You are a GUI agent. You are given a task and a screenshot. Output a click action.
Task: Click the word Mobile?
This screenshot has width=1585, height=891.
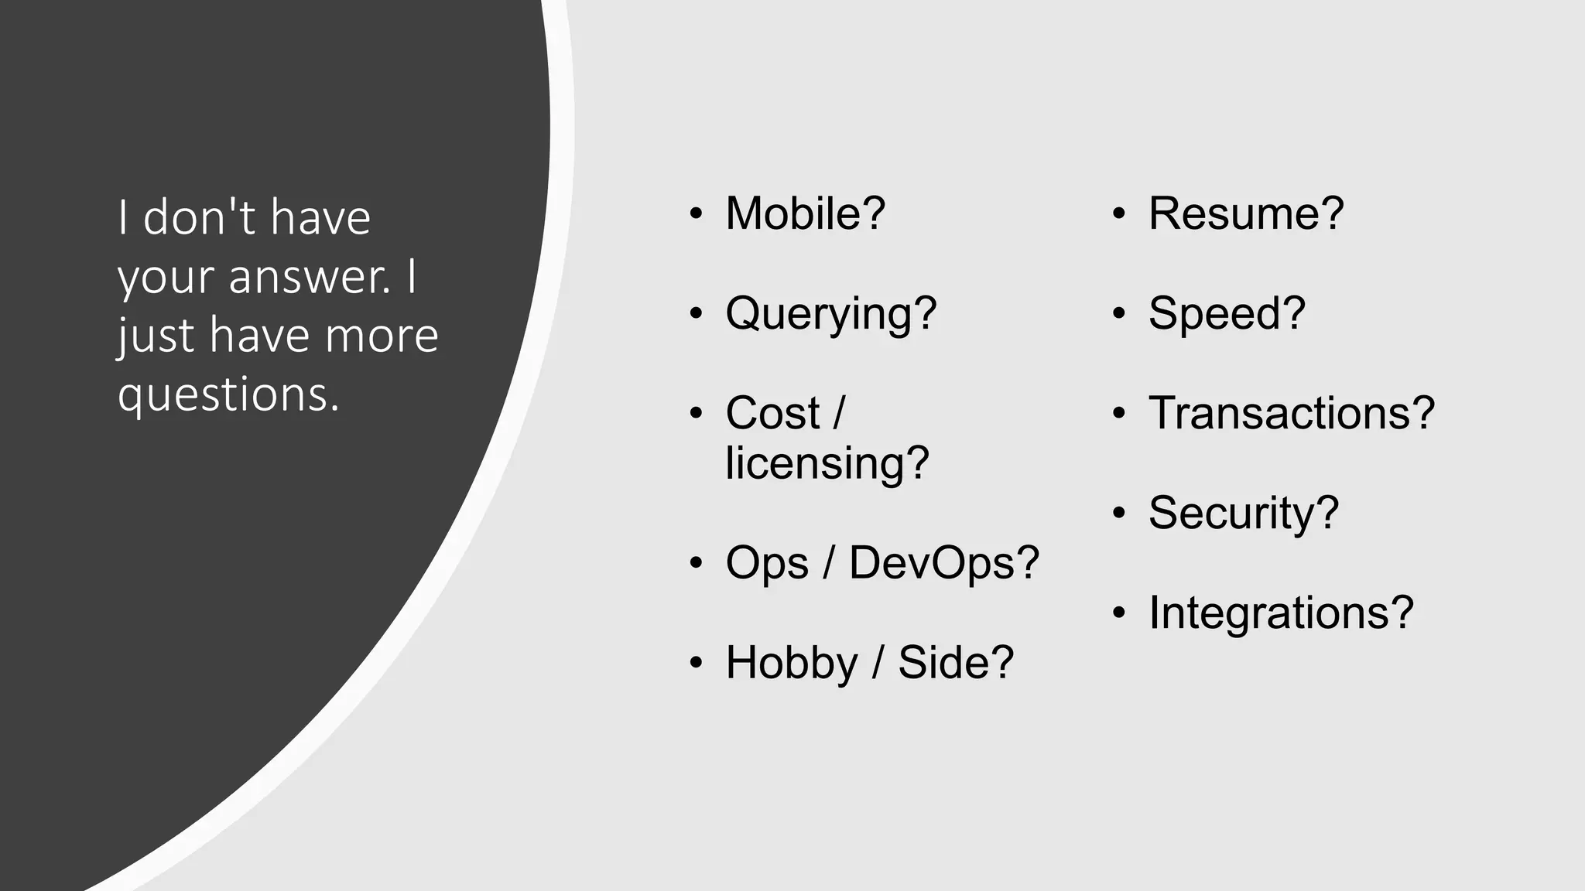tap(805, 213)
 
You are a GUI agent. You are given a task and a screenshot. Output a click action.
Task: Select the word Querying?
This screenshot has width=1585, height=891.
tap(830, 314)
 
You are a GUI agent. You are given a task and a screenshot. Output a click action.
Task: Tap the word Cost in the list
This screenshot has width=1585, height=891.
tap(772, 413)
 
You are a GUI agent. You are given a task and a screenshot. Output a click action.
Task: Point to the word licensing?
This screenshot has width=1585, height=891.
tap(827, 463)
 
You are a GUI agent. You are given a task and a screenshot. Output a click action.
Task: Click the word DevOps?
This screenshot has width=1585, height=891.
tap(943, 562)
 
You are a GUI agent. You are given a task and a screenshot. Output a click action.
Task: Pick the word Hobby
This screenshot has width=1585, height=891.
tap(792, 663)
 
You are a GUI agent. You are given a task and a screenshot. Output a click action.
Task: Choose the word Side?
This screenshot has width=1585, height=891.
tap(955, 663)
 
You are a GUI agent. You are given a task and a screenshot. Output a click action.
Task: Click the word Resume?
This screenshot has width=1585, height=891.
tap(1246, 213)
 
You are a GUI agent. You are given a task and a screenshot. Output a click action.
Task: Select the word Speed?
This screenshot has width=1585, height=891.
tap(1227, 314)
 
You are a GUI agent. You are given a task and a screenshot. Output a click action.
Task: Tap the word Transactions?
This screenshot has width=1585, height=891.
tap(1291, 413)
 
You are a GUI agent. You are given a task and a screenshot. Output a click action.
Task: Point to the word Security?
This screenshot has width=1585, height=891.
tap(1243, 513)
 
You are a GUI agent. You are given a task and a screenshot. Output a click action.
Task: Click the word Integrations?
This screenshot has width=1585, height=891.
tap(1281, 613)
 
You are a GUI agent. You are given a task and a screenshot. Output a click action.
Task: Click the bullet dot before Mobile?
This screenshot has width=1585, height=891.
tap(696, 214)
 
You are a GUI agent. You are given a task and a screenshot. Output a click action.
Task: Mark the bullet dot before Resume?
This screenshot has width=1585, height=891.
tap(1119, 214)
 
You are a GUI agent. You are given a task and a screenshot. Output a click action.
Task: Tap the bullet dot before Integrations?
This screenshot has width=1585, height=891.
tap(1119, 613)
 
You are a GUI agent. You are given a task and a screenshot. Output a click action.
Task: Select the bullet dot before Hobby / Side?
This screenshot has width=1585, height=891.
tap(696, 664)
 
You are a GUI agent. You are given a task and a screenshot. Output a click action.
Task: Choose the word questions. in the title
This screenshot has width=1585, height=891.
tap(228, 394)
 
